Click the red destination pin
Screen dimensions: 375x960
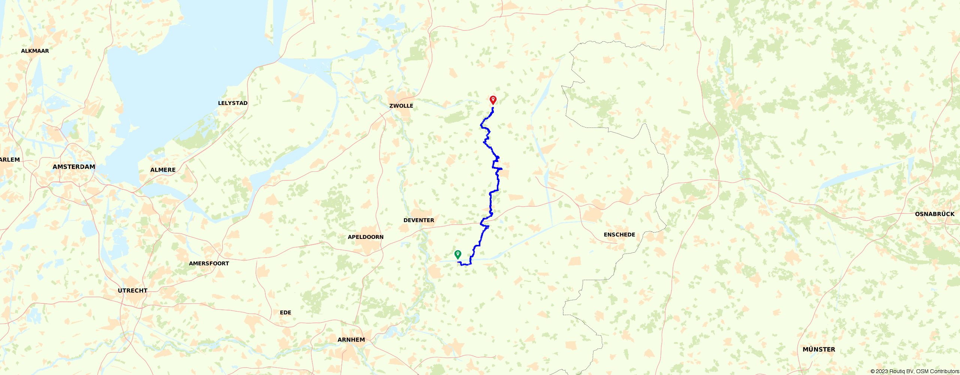493,100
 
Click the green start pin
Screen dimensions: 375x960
458,254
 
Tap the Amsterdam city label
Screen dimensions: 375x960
74,167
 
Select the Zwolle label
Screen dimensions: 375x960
401,106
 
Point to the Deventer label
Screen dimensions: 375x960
419,220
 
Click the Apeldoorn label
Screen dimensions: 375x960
366,237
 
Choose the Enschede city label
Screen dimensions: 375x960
619,235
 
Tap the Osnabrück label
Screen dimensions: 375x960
935,214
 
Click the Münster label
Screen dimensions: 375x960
819,349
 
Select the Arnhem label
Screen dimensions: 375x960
351,340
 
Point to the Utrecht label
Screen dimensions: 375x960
133,291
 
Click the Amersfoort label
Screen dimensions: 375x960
209,264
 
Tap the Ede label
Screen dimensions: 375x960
286,312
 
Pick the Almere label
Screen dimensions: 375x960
163,170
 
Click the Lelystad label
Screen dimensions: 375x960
233,103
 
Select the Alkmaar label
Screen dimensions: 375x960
35,51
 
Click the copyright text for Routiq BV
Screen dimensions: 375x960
915,371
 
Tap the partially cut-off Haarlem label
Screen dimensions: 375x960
10,160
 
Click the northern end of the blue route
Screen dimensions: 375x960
493,108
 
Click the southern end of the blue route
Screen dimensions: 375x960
458,262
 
